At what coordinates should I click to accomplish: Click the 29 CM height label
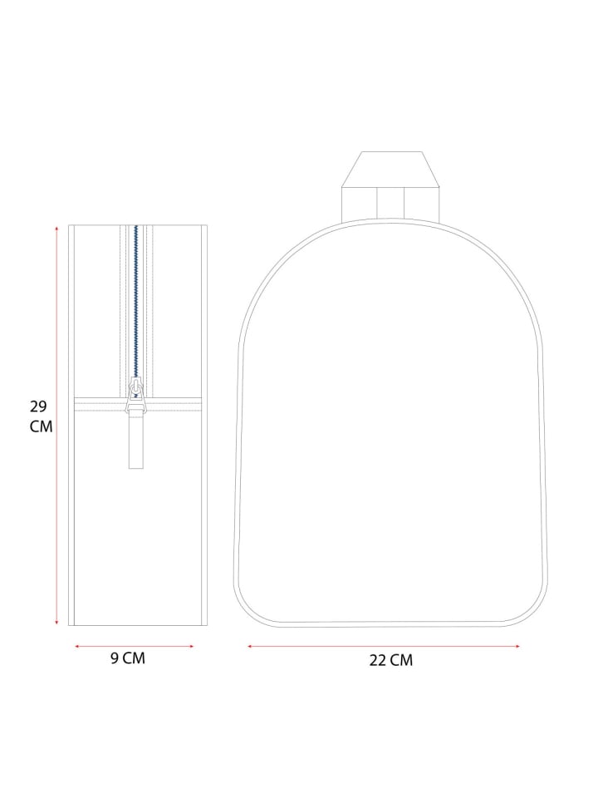click(x=41, y=416)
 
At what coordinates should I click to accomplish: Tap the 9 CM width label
click(x=128, y=658)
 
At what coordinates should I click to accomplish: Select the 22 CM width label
click(x=390, y=660)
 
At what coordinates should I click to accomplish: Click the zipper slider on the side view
click(x=135, y=394)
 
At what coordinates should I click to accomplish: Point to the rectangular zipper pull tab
click(x=135, y=441)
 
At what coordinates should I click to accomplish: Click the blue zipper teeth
click(x=135, y=301)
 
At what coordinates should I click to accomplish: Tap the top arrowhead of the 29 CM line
click(x=57, y=230)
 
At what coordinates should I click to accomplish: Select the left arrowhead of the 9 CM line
click(x=78, y=647)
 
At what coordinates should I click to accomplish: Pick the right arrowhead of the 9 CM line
click(x=191, y=647)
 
